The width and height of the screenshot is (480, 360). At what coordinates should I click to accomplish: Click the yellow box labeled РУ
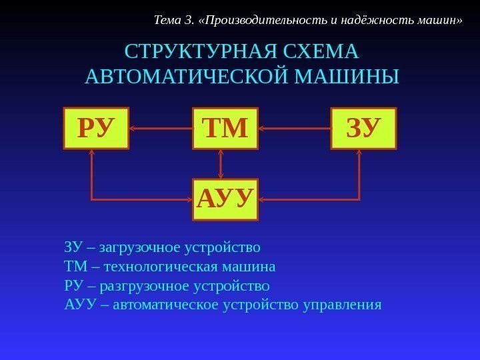(96, 128)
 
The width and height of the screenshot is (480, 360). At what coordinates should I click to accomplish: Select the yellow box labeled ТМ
(225, 128)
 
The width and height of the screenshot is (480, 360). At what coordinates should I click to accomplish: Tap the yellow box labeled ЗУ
(363, 128)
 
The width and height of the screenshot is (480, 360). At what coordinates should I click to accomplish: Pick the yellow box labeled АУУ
(225, 199)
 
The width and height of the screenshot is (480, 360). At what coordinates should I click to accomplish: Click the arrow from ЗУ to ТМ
(294, 128)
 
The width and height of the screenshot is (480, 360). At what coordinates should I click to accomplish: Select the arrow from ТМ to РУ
(161, 128)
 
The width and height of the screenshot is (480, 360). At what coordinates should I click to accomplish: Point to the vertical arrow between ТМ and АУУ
(221, 163)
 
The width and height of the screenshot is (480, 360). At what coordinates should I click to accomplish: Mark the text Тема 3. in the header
(174, 19)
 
